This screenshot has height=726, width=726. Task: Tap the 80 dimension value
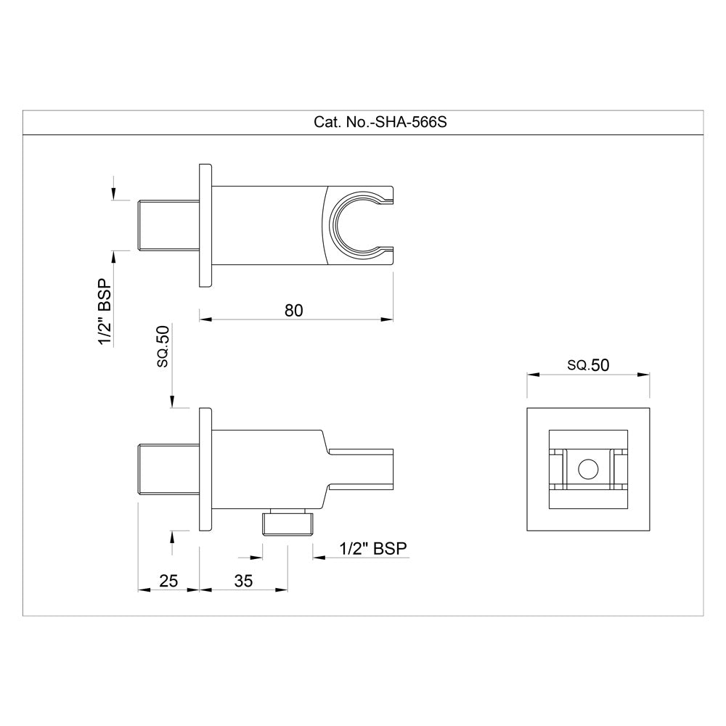(x=293, y=310)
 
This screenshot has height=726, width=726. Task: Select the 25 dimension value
(x=168, y=580)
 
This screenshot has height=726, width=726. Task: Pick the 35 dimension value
(x=244, y=580)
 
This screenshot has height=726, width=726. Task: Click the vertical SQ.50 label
(x=163, y=346)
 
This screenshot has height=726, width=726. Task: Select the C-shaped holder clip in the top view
(x=356, y=224)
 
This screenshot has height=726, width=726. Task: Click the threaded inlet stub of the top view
(x=168, y=225)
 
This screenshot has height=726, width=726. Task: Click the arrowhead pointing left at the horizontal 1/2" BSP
(x=318, y=558)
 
